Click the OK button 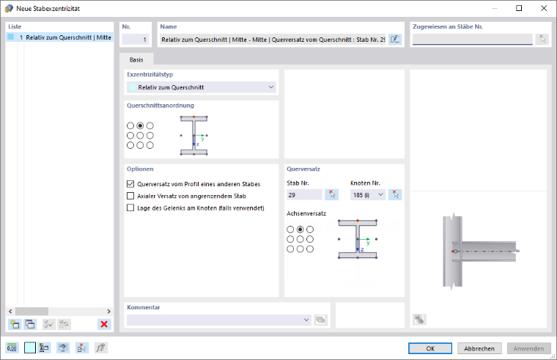click(429, 348)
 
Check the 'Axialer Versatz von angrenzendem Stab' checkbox click(130, 196)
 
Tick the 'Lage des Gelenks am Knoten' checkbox click(130, 208)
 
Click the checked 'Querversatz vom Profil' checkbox click(130, 184)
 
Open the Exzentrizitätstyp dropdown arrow click(271, 87)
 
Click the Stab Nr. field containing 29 click(304, 195)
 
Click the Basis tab click(136, 59)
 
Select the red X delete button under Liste click(104, 324)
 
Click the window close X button click(544, 8)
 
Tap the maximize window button click(519, 8)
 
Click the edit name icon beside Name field click(395, 39)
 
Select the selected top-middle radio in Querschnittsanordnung click(140, 125)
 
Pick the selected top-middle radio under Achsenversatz click(300, 229)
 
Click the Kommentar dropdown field click(219, 320)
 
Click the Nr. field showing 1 click(136, 40)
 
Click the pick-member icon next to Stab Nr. click(331, 195)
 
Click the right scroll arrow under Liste click(108, 311)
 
